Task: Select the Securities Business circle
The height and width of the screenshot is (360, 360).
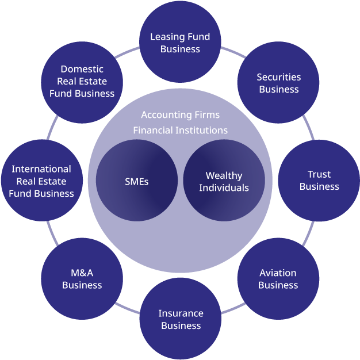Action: [x=278, y=83]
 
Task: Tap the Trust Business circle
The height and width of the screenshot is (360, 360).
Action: [x=319, y=181]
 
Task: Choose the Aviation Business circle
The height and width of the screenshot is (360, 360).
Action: [x=278, y=279]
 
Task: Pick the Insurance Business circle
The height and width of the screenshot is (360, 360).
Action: [x=181, y=319]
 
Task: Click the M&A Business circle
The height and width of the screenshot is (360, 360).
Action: [x=82, y=279]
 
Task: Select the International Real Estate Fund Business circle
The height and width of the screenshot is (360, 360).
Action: [x=41, y=181]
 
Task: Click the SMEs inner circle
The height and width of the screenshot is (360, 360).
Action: [x=137, y=181]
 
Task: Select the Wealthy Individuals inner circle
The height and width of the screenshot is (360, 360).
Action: [x=224, y=181]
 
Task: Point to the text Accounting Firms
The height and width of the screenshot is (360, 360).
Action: [x=180, y=115]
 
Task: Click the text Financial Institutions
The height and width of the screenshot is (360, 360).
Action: [x=180, y=130]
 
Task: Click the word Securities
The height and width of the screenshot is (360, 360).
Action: [x=278, y=77]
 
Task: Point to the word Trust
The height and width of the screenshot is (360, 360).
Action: [x=319, y=174]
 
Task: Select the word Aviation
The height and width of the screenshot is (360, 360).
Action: [x=278, y=273]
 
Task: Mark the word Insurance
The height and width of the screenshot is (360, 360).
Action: [x=181, y=313]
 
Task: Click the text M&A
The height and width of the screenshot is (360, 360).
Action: [x=82, y=273]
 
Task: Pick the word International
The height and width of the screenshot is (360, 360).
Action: [x=41, y=169]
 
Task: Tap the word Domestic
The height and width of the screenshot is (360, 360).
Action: [x=82, y=70]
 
